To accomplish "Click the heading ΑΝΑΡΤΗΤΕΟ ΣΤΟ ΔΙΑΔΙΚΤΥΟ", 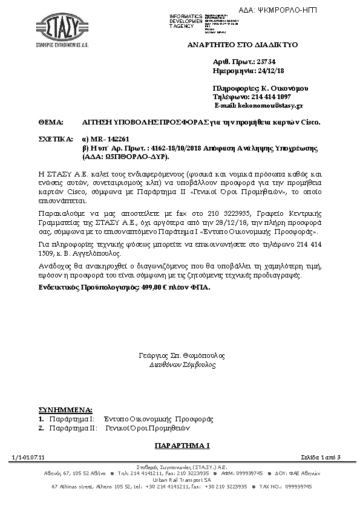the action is (242, 45).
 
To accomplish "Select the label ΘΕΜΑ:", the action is (50, 122).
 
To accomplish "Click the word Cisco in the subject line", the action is (309, 122).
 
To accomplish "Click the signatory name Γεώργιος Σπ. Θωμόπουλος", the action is (182, 356).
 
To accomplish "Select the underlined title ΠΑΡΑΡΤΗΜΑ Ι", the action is (182, 445).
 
